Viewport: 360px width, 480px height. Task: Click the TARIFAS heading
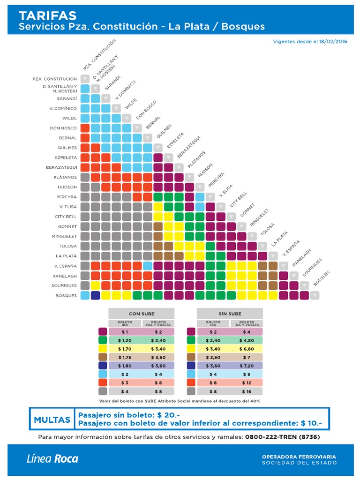(x=48, y=15)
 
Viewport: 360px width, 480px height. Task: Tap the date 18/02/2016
(x=333, y=42)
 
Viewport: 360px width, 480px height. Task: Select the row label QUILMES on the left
(x=67, y=148)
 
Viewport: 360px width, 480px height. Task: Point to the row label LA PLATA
(x=66, y=256)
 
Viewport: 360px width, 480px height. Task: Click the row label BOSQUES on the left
(x=66, y=295)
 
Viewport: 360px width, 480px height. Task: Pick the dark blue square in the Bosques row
(x=96, y=295)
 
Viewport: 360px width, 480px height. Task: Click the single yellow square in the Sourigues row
(x=96, y=285)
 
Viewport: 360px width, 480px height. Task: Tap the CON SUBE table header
(x=142, y=314)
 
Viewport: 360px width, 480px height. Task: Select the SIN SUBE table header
(x=230, y=314)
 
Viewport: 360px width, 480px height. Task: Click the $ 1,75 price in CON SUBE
(x=125, y=357)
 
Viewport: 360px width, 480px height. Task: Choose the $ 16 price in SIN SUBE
(x=247, y=391)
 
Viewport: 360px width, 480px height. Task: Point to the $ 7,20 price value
(x=247, y=366)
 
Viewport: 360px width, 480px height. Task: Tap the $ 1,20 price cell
(x=125, y=340)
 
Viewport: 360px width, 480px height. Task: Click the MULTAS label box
(x=52, y=419)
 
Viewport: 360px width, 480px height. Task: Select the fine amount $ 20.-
(x=168, y=415)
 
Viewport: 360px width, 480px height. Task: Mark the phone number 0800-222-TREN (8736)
(x=283, y=437)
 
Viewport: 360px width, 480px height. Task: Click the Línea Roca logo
(x=52, y=458)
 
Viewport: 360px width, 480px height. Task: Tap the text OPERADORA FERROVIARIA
(x=299, y=457)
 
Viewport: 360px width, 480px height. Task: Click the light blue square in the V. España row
(x=148, y=266)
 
